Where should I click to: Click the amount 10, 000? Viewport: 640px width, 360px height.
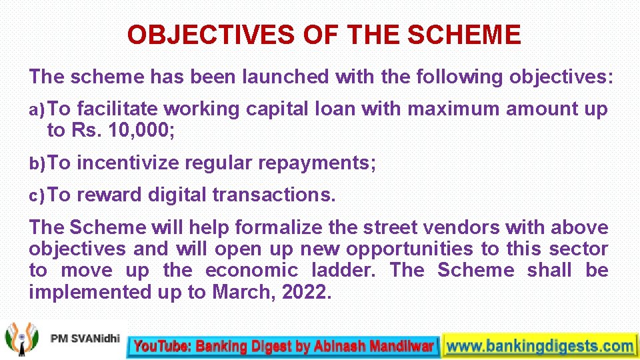pyautogui.click(x=140, y=130)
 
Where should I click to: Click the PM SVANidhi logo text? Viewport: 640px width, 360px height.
pyautogui.click(x=84, y=339)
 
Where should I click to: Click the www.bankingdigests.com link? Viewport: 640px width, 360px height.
pyautogui.click(x=539, y=345)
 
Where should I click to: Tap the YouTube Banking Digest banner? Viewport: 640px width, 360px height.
pyautogui.click(x=283, y=345)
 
